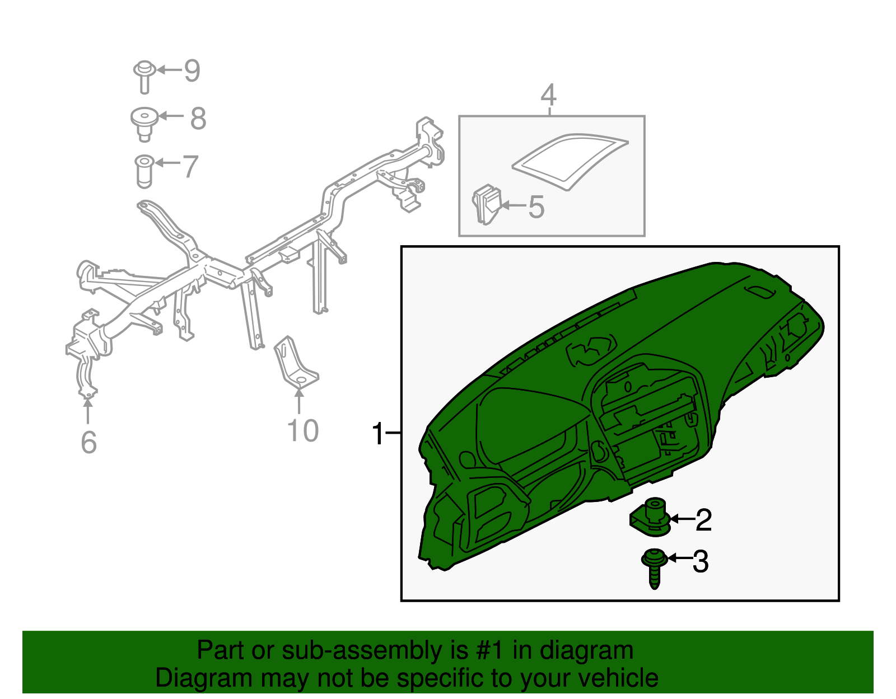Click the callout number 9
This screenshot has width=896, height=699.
click(x=192, y=71)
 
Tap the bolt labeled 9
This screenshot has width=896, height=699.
click(x=144, y=76)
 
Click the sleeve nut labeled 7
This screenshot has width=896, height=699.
click(x=144, y=171)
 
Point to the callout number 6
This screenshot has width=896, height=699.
click(x=89, y=443)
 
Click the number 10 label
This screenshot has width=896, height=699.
click(x=302, y=431)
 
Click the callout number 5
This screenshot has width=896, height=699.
click(x=536, y=207)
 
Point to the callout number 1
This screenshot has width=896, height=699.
click(x=379, y=434)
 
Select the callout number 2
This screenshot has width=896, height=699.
click(x=703, y=520)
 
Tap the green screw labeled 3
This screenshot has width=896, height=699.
click(x=654, y=566)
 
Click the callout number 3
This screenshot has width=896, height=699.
click(x=701, y=561)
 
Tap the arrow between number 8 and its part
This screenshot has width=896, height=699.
click(x=171, y=116)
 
